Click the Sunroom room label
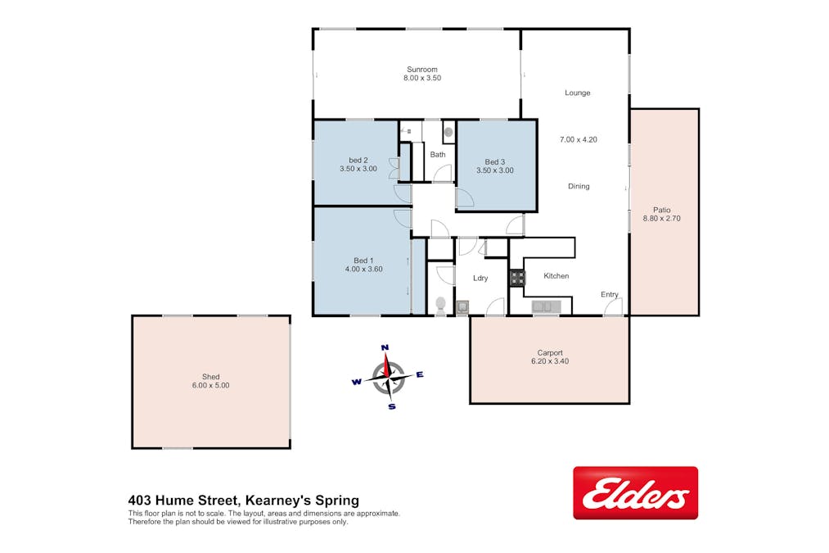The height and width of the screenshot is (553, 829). tap(422, 70)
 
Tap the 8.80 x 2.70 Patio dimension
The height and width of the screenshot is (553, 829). tap(661, 218)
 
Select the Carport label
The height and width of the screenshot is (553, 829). tap(550, 353)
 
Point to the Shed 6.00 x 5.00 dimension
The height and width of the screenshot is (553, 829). tap(210, 385)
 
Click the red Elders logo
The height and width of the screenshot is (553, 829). tap(636, 492)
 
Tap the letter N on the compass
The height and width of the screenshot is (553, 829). tap(385, 347)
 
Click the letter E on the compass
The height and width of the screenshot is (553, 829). tap(420, 374)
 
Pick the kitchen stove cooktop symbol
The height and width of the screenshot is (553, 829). tap(517, 278)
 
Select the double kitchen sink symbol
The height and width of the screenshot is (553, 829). tap(546, 306)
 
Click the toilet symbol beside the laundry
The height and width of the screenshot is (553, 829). tap(440, 306)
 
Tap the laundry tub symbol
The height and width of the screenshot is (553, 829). tap(462, 307)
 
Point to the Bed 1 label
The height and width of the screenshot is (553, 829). tap(363, 261)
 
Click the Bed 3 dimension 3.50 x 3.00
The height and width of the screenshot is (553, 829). tap(495, 170)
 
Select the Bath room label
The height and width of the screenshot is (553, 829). tap(438, 155)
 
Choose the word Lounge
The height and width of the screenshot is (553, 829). tap(577, 93)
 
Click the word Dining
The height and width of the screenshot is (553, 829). tap(579, 186)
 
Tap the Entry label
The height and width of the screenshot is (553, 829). tap(610, 294)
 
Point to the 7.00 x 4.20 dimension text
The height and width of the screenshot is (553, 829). tap(579, 140)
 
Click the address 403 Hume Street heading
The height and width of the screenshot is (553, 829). tap(184, 500)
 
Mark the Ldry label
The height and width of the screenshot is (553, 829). tap(480, 278)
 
